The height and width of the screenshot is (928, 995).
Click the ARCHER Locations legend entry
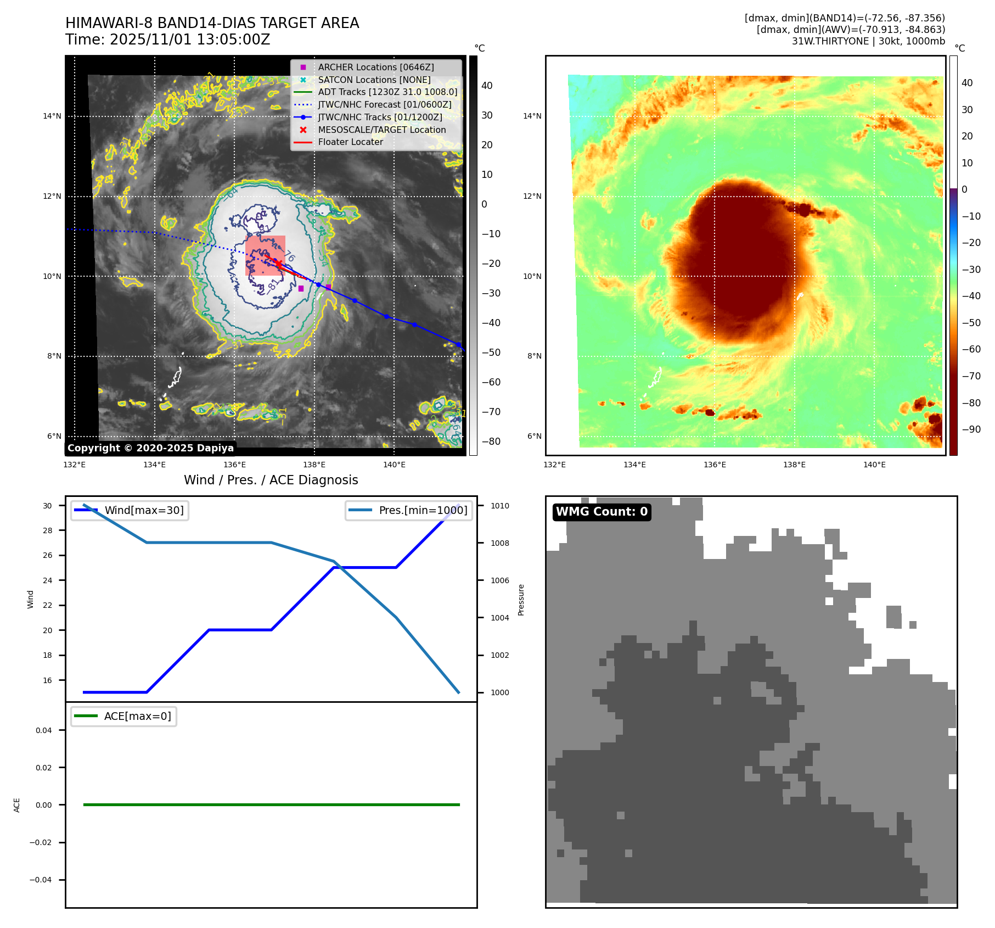pyautogui.click(x=375, y=67)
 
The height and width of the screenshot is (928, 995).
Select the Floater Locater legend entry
pyautogui.click(x=350, y=142)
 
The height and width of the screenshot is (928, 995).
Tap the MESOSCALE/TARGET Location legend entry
pyautogui.click(x=381, y=130)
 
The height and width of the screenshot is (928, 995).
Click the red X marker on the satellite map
pyautogui.click(x=278, y=264)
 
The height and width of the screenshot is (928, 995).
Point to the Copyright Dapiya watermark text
pyautogui.click(x=150, y=448)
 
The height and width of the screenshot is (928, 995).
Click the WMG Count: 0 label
pyautogui.click(x=602, y=512)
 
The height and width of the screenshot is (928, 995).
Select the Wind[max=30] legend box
pyautogui.click(x=130, y=510)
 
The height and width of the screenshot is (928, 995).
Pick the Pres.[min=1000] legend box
pyautogui.click(x=409, y=510)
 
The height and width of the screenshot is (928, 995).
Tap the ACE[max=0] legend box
pyautogui.click(x=124, y=716)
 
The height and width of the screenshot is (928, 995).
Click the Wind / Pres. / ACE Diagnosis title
pyautogui.click(x=271, y=480)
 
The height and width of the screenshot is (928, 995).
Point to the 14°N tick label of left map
pyautogui.click(x=52, y=116)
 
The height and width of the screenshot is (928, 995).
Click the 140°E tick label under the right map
pyautogui.click(x=874, y=465)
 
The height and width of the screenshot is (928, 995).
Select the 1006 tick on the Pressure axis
pyautogui.click(x=499, y=580)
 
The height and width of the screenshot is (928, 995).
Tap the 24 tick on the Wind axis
pyautogui.click(x=48, y=580)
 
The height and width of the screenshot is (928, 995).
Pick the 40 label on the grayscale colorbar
pyautogui.click(x=487, y=86)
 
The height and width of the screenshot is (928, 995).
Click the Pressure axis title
pyautogui.click(x=521, y=600)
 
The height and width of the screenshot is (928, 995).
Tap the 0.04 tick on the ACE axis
pyautogui.click(x=43, y=730)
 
